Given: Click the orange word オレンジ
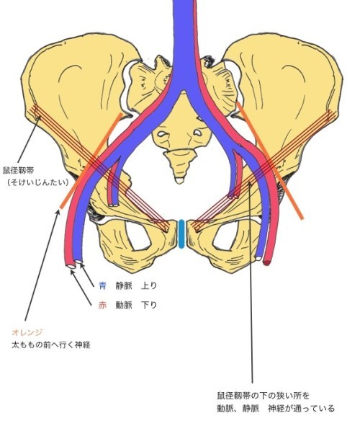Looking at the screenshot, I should pyautogui.click(x=27, y=332).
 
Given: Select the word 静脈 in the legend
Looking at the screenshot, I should pyautogui.click(x=124, y=287).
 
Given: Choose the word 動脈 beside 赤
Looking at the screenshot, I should pyautogui.click(x=124, y=305).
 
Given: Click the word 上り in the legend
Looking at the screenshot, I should pyautogui.click(x=153, y=287).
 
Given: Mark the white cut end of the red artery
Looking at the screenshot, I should pyautogui.click(x=71, y=266).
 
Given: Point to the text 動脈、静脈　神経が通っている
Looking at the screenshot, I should pyautogui.click(x=276, y=409).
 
